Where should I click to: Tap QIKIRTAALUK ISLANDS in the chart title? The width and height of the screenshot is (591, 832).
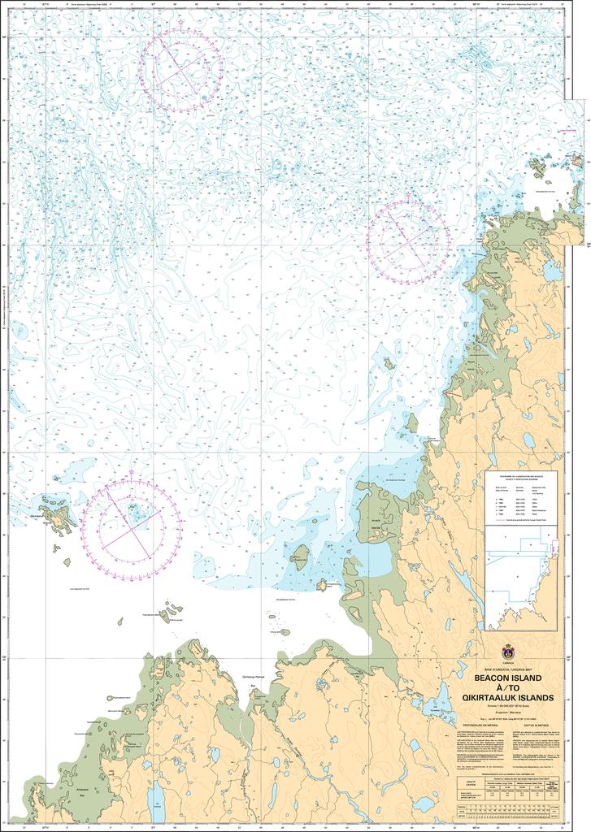[508, 697]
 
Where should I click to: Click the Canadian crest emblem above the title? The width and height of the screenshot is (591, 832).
[509, 652]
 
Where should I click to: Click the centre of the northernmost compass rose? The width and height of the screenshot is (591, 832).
[180, 71]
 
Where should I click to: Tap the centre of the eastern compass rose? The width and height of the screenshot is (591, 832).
[409, 241]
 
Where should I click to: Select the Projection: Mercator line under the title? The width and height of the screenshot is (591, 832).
[508, 711]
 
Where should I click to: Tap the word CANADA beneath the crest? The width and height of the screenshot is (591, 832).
[509, 662]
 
